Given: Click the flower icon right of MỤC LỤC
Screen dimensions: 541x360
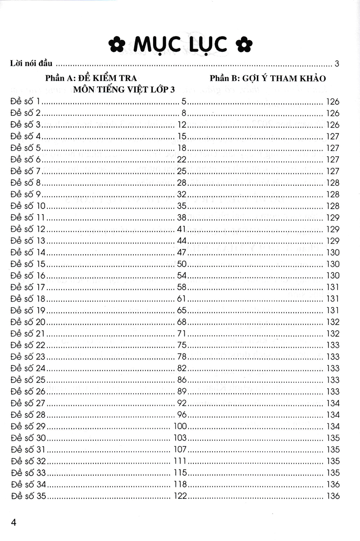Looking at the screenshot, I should click(245, 45).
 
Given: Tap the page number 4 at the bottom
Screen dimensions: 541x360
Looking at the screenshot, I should click(14, 523).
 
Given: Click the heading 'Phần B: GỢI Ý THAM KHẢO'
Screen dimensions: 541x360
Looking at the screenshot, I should click(267, 78).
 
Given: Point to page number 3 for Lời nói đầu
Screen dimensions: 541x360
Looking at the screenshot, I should click(337, 63).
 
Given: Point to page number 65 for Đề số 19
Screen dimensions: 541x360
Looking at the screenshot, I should click(182, 310).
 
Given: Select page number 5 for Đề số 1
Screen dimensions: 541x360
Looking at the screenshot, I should click(184, 101).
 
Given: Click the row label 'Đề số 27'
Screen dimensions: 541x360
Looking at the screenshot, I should click(28, 403).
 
